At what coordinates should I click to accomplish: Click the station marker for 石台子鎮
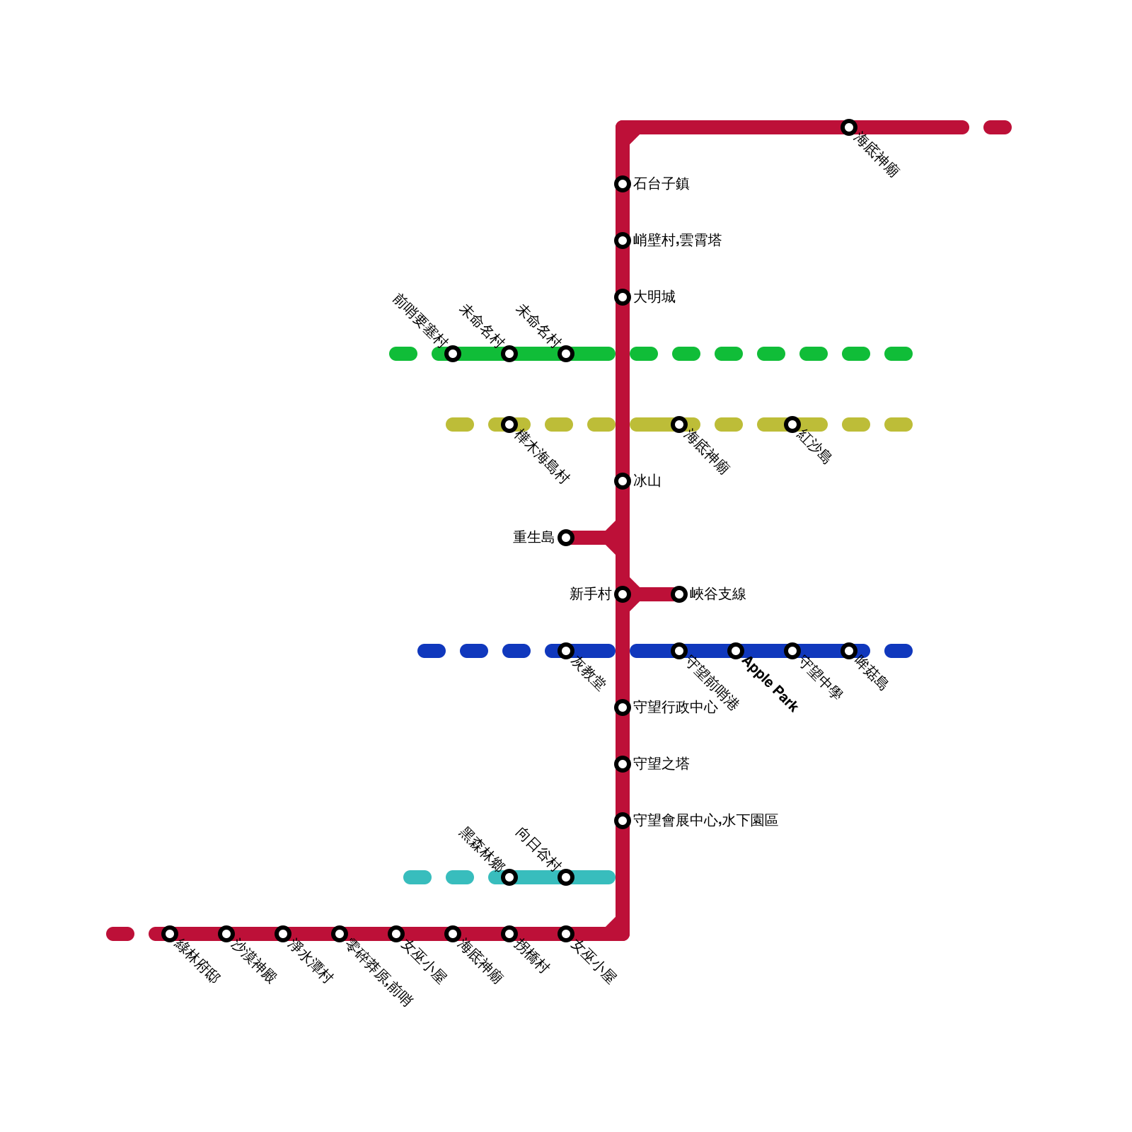click(623, 184)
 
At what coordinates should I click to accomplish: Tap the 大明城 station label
click(654, 297)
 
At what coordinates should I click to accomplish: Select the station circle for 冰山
click(623, 481)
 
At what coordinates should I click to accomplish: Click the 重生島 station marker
click(566, 538)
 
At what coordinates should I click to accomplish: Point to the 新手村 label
click(590, 594)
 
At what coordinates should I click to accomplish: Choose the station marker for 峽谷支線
click(679, 594)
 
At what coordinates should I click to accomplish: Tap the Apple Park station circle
click(736, 651)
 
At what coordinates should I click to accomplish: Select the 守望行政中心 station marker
click(623, 707)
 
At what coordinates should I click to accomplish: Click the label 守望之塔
click(661, 764)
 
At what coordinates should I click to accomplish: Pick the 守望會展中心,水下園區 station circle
click(623, 821)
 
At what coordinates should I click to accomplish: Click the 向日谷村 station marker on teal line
click(566, 877)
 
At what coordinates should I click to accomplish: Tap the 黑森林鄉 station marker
click(509, 877)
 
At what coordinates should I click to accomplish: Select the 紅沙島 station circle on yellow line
click(792, 424)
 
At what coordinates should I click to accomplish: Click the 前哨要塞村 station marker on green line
click(453, 354)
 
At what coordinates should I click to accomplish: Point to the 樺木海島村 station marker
click(509, 424)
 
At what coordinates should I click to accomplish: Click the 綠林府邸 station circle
click(170, 934)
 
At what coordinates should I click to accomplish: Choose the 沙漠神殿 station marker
click(226, 934)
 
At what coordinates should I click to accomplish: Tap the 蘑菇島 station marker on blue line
click(849, 651)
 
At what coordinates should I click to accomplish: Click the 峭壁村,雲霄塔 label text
click(677, 241)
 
